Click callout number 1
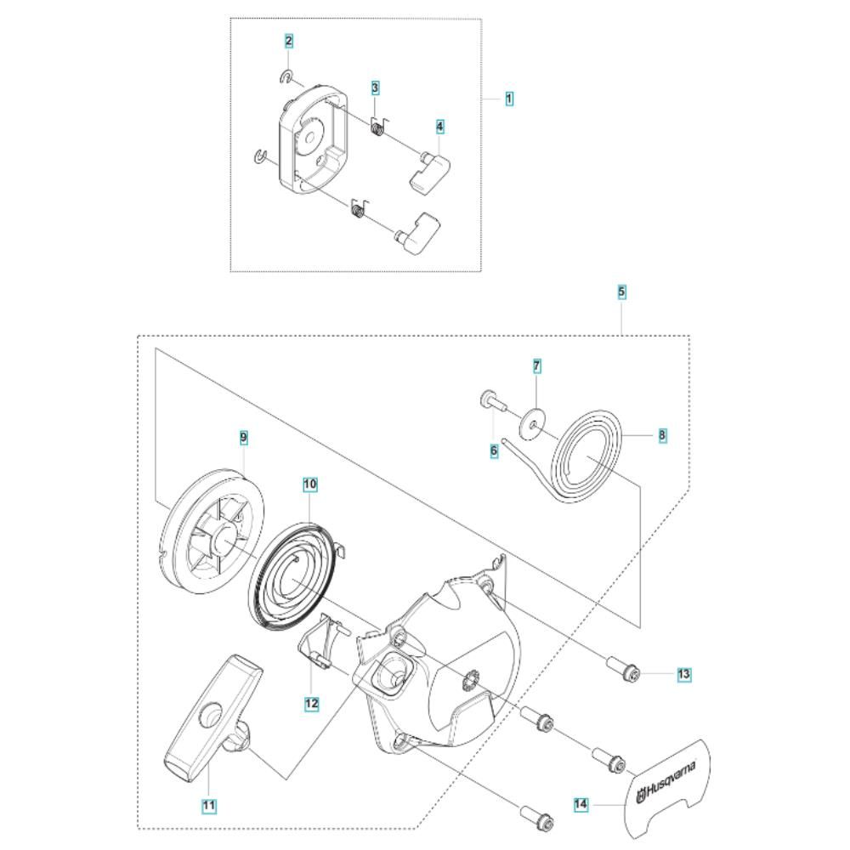tap(509, 99)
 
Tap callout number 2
tap(290, 41)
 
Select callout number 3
tap(375, 88)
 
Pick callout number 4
tap(440, 126)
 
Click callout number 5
tap(621, 292)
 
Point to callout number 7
tap(536, 366)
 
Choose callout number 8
tap(662, 435)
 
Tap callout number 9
tap(243, 437)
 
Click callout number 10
tap(310, 484)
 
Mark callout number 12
tap(311, 703)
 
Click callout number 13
tap(684, 674)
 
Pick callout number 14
tap(581, 802)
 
